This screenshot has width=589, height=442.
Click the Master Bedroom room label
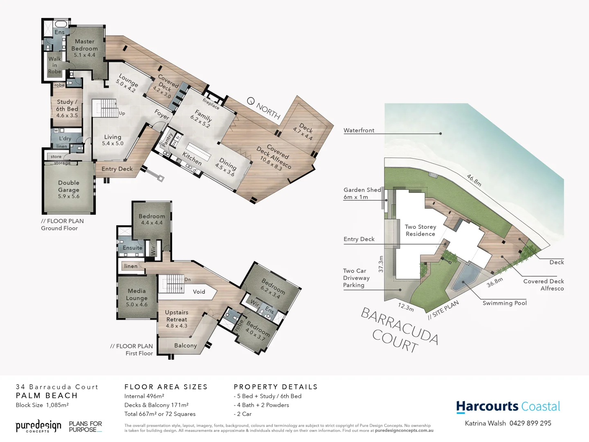pos(85,48)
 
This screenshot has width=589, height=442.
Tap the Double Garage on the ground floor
pos(69,189)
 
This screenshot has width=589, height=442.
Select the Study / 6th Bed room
pos(67,108)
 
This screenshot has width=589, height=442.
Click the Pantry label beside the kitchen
pos(168,140)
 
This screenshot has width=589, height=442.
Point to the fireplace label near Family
pos(211,104)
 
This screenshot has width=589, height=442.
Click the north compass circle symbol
pos(251,101)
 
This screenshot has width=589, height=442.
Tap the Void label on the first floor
pos(199,292)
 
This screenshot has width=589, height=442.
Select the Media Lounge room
pos(137,298)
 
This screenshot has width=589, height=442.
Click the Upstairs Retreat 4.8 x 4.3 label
pos(177,319)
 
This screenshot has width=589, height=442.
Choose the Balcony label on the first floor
pos(185,345)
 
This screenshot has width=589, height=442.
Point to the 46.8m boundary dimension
pos(474,180)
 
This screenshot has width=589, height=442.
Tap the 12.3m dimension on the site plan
pos(406,307)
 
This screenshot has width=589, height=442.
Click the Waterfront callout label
pos(359,130)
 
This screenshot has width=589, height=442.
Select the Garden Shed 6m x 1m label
pos(362,193)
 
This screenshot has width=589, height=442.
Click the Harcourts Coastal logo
pos(508,406)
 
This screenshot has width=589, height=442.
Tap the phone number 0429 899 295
pos(530,423)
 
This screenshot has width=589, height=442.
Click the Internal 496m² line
pos(144,396)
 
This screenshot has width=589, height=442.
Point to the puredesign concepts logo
pos(38,426)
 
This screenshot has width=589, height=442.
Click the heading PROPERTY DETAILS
pos(276,387)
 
